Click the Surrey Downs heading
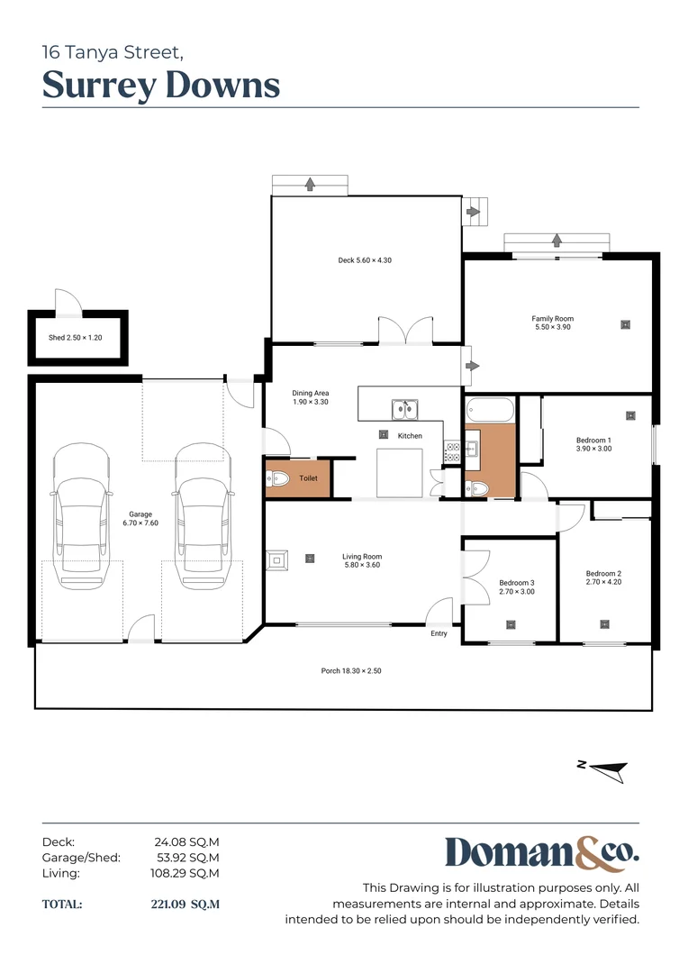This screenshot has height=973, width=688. coord(161,85)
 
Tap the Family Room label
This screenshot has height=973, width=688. coord(552,323)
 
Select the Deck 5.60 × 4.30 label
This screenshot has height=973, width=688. coord(365,260)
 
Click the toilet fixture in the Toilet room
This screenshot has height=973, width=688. coord(278,479)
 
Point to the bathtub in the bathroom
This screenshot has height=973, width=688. coord(489,410)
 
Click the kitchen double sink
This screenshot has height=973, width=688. coord(403,410)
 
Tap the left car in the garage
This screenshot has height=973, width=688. coord(82,516)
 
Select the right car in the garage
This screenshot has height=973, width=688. coord(202,516)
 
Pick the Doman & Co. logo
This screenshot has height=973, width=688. coord(541,853)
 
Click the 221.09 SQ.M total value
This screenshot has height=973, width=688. coord(185,904)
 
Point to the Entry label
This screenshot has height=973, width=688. coord(439,633)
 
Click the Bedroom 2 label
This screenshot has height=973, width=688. coord(603,577)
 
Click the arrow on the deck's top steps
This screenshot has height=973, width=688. coord(310,184)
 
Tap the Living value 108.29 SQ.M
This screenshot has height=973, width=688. coord(185,873)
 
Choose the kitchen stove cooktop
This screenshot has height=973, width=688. coord(452,452)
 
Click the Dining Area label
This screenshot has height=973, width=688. coord(310,397)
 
